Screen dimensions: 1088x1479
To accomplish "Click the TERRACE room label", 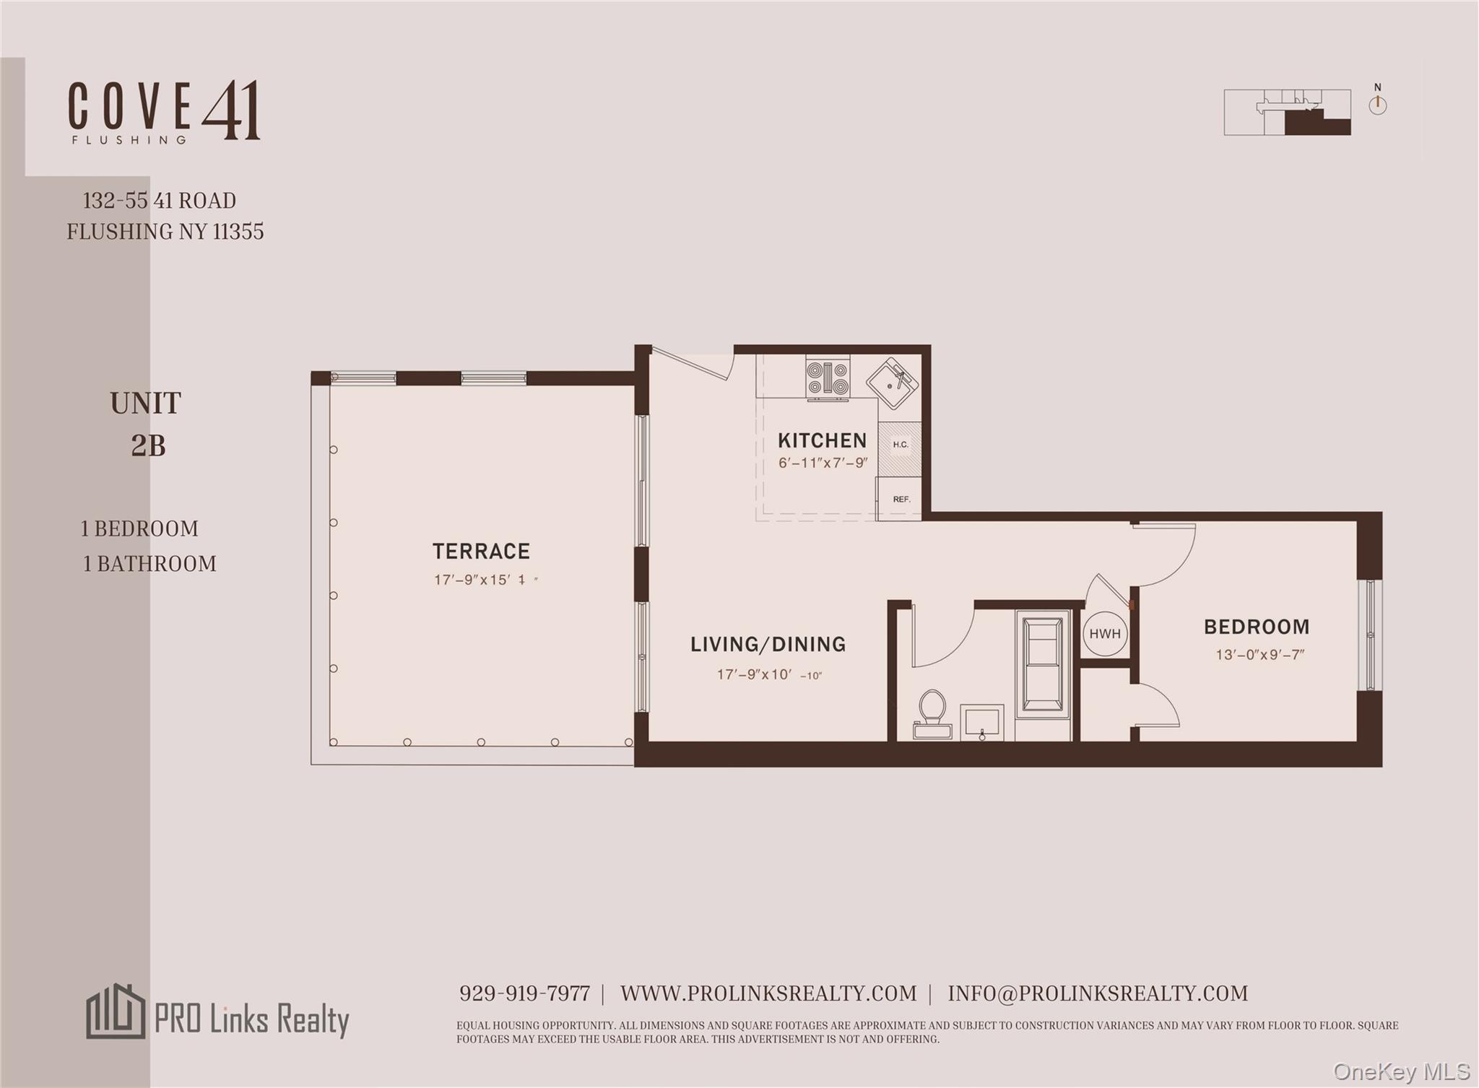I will (x=481, y=552).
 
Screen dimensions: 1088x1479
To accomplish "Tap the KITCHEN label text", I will (x=822, y=440).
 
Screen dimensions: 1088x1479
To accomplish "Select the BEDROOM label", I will (x=1256, y=627).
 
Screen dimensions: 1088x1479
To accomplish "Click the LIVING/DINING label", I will (x=768, y=644).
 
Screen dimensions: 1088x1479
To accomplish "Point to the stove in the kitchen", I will (x=828, y=378).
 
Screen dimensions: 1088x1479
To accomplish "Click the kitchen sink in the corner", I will (x=892, y=383).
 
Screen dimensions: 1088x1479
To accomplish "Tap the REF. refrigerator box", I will (x=900, y=499).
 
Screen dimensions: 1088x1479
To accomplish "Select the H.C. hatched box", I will (x=900, y=445).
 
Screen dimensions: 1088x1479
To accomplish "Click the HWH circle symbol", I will (x=1105, y=634).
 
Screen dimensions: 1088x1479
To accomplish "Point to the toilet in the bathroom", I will (x=932, y=711).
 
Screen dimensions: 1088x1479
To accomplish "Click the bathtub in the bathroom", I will (x=1042, y=664).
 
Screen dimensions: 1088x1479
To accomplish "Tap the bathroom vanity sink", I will (x=981, y=721).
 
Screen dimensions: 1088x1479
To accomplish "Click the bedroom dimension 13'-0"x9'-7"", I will (x=1259, y=655).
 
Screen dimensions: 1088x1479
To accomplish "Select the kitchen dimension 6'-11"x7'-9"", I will (x=823, y=463).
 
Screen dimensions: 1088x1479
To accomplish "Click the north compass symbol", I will (x=1377, y=104).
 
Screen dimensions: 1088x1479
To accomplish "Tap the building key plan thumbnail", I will (x=1287, y=113).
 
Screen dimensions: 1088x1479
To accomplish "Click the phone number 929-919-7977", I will (x=524, y=993).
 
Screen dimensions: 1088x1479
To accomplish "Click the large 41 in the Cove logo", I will (x=231, y=111).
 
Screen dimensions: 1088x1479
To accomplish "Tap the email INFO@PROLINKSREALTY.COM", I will (x=1098, y=993).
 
